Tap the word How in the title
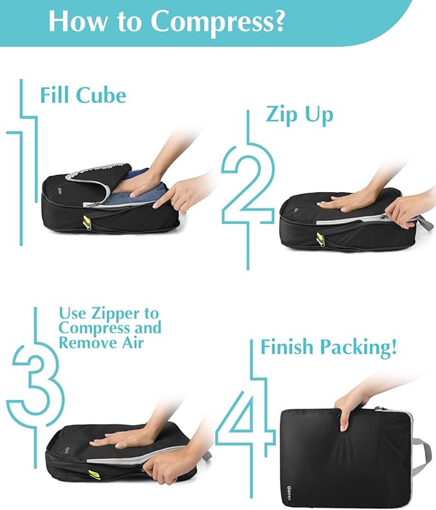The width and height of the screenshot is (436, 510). pyautogui.click(x=75, y=21)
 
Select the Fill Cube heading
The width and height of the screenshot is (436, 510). pyautogui.click(x=83, y=95)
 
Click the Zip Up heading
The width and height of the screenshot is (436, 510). pyautogui.click(x=299, y=114)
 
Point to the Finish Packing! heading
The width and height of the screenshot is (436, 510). pyautogui.click(x=328, y=348)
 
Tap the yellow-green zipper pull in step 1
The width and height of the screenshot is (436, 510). pyautogui.click(x=85, y=222)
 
